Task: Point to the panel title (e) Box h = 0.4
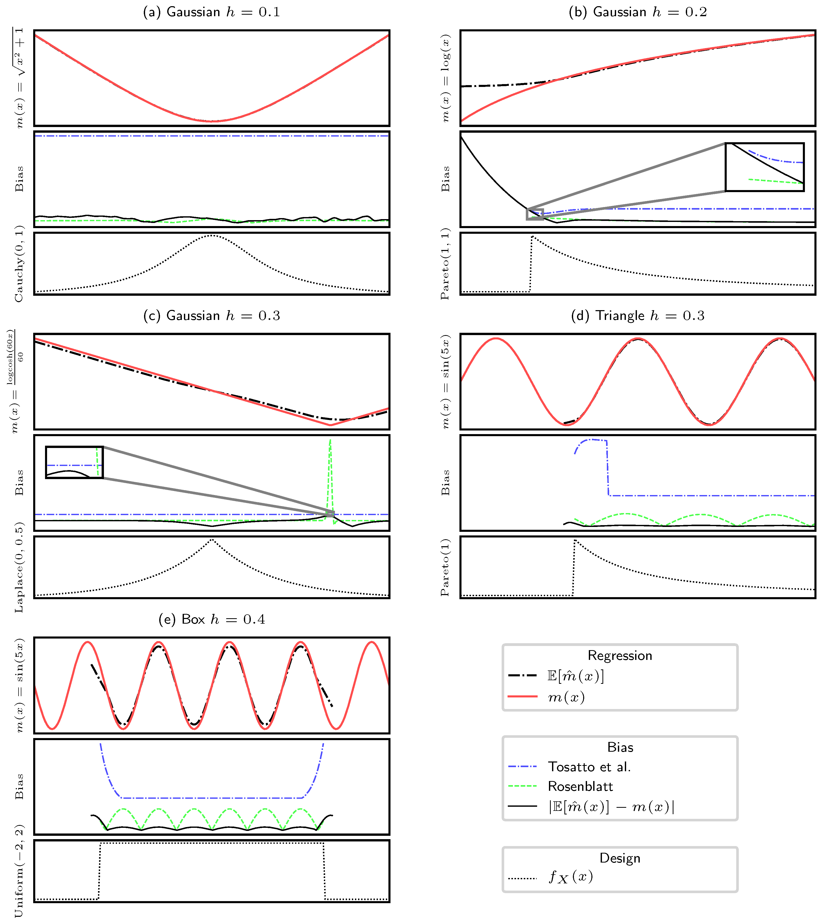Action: tap(211, 619)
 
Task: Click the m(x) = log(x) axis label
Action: tap(446, 78)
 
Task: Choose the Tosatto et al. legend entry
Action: tap(589, 767)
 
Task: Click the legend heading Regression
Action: tap(619, 656)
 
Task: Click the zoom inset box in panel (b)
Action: tap(765, 167)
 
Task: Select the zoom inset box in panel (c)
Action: tap(74, 462)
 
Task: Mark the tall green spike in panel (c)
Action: tap(330, 454)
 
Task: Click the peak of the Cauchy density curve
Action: tap(211, 235)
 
